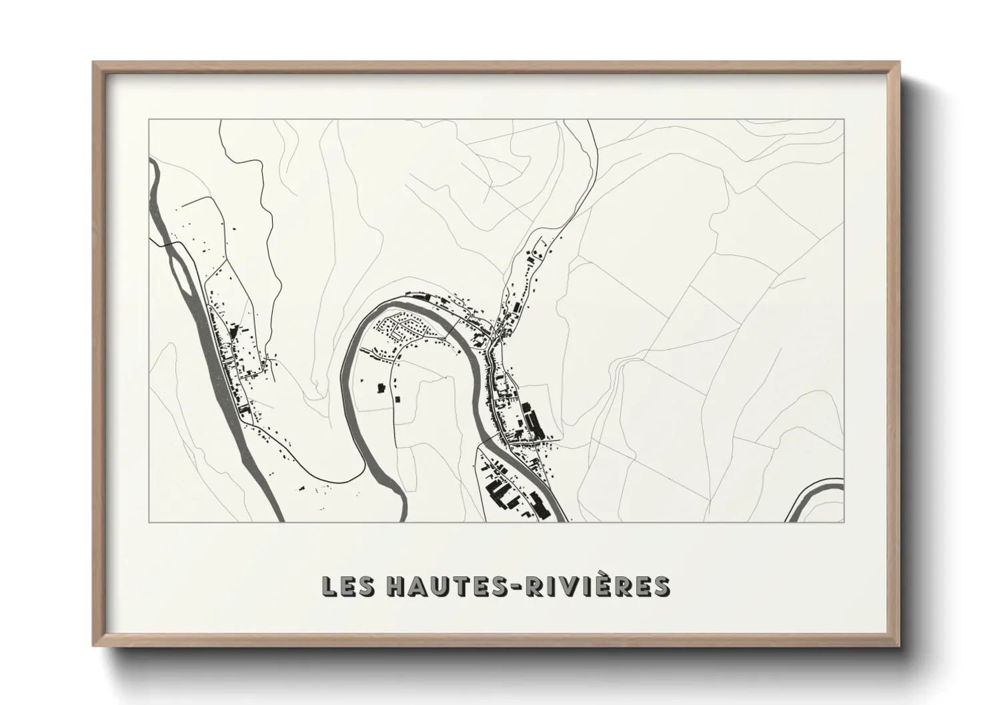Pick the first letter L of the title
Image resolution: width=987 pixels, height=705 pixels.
coord(329,586)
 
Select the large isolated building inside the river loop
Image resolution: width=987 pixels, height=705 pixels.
coord(381,387)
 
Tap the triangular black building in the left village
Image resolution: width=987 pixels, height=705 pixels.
coord(233,330)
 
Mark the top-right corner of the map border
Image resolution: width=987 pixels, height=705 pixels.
coord(844,119)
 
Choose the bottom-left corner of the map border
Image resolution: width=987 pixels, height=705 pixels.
coord(149,522)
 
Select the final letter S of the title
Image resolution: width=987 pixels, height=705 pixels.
coord(660,586)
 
